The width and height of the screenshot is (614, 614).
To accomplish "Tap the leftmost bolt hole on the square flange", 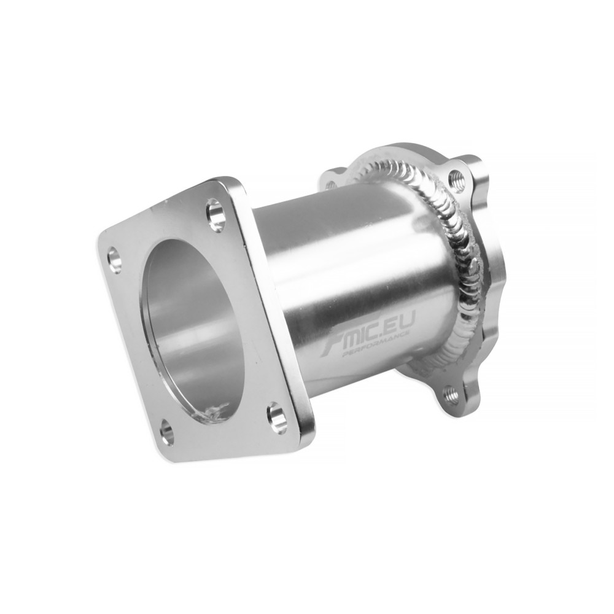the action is click(x=114, y=258).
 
